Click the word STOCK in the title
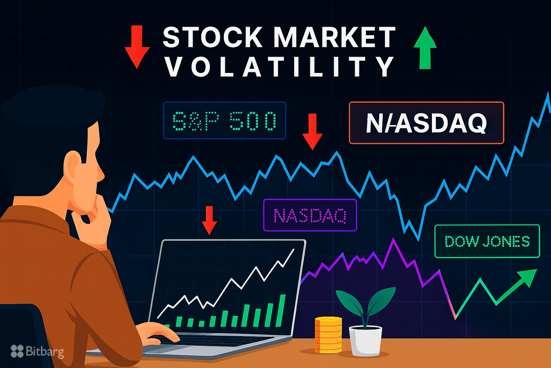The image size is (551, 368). click(x=212, y=37)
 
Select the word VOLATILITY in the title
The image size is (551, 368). click(x=279, y=67)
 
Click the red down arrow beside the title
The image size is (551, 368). click(x=137, y=47)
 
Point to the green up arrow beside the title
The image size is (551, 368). click(x=425, y=47)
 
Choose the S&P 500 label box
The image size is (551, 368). click(x=225, y=121)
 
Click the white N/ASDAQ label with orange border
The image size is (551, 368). click(x=426, y=123)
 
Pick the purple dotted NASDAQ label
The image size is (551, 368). click(x=310, y=215)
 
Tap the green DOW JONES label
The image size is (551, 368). click(x=487, y=241)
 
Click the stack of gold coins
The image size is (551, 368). click(x=328, y=334)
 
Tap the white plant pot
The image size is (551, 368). click(x=366, y=340)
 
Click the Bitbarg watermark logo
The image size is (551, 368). click(x=37, y=351)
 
